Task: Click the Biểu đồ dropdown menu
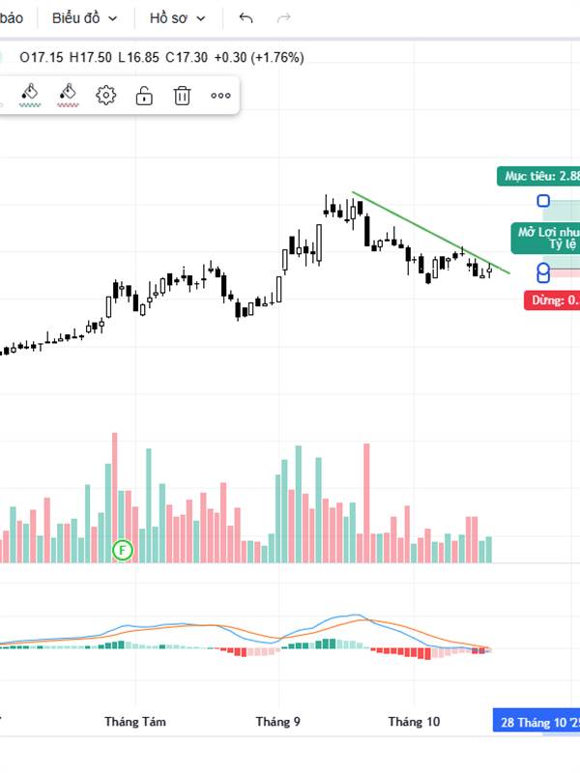pos(84,18)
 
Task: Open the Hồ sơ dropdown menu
pos(177,18)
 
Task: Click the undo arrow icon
pos(246,18)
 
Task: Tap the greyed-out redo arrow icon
pos(284,18)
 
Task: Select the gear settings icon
pos(106,95)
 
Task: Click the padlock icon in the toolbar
pos(144,95)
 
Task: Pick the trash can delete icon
pos(183,95)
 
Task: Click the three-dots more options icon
pos(220,95)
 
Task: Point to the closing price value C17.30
pos(186,57)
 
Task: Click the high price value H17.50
pos(89,57)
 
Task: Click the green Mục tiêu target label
pos(540,176)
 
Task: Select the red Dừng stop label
pos(553,301)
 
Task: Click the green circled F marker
pos(123,550)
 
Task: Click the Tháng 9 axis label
pos(277,722)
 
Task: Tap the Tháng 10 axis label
pos(414,722)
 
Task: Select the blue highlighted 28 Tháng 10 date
pos(537,722)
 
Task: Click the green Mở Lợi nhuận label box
pos(546,238)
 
